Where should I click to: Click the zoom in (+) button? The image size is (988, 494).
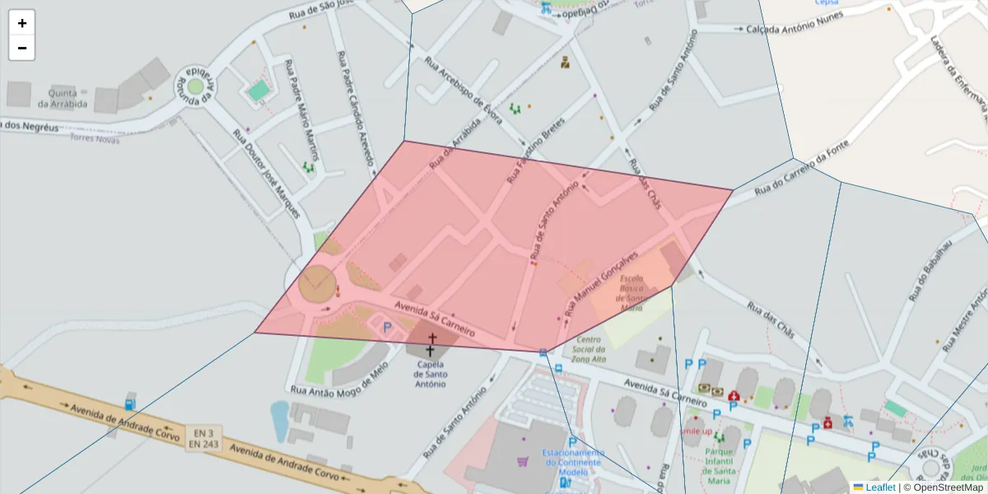coord(22,23)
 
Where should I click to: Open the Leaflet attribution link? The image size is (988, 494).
coord(879,487)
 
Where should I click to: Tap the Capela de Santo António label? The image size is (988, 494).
coord(431,373)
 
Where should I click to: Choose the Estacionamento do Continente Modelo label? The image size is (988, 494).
coord(573,462)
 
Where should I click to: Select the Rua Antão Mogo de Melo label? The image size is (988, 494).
coord(337,380)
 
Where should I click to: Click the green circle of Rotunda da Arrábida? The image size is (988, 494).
coord(195,86)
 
